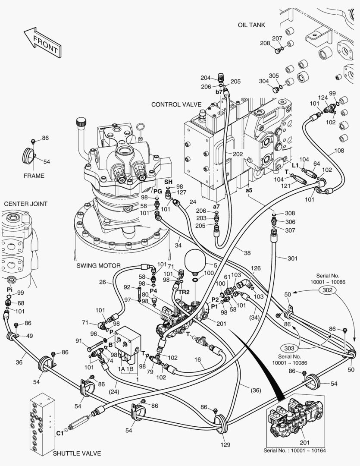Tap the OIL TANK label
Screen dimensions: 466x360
click(251, 25)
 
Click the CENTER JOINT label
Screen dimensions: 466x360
click(26, 204)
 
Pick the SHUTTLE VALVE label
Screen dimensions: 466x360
click(77, 453)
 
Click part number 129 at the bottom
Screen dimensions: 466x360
click(225, 444)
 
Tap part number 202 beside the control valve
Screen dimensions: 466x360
click(238, 154)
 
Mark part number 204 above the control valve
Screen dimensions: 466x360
click(206, 78)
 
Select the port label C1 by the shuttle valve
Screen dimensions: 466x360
click(60, 433)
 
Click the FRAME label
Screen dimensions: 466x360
click(34, 176)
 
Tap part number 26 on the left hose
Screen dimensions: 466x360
click(102, 283)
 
